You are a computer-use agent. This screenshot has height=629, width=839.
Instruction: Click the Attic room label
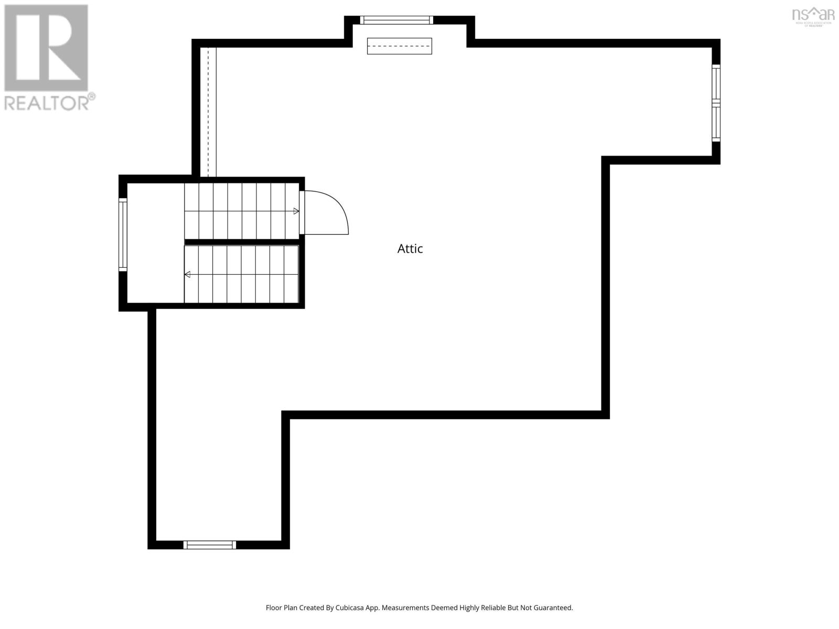410,248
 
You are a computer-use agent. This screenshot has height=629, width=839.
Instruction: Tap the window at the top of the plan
396,20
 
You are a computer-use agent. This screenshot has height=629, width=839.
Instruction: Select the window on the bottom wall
210,545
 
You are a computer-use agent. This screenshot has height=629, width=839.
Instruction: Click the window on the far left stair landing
123,234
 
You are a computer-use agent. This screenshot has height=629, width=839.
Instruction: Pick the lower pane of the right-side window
716,122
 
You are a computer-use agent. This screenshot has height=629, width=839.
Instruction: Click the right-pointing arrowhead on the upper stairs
296,211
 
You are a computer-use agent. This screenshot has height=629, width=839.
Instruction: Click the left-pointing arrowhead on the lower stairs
187,274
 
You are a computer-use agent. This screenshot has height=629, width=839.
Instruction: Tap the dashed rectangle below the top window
399,46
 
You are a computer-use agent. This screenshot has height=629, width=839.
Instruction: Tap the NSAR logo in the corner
813,16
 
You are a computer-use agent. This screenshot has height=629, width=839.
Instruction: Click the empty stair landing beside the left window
155,243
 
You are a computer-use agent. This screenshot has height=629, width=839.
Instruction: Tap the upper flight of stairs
241,211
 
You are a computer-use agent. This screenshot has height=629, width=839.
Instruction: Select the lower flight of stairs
241,274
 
